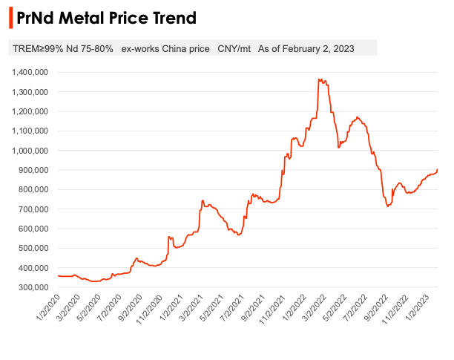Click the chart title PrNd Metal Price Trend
coord(107,17)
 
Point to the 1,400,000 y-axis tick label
coord(30,72)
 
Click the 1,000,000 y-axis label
coord(30,151)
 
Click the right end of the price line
coord(438,169)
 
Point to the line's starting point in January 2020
coord(58,275)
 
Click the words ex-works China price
coord(165,49)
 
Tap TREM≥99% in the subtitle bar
coord(34,49)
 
